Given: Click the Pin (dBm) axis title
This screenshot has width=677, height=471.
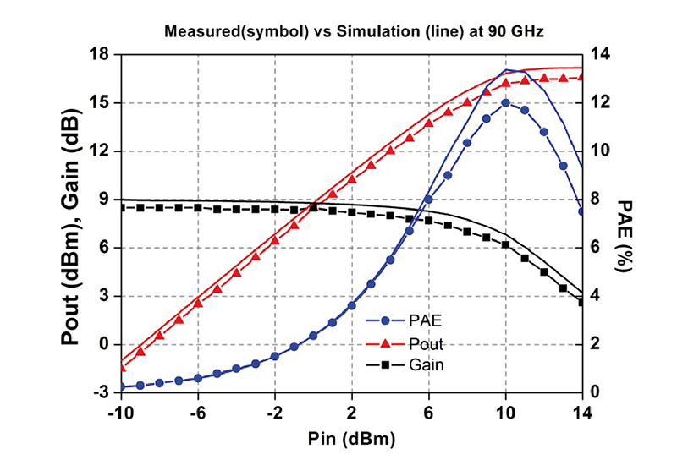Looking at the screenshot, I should click(352, 439).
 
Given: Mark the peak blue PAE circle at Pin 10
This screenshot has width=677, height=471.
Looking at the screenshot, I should click(505, 103).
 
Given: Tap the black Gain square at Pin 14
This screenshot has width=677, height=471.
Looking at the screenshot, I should click(582, 302).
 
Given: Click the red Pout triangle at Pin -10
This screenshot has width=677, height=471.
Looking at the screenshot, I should click(121, 367).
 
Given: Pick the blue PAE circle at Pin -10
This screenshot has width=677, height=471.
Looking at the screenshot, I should click(121, 386).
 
